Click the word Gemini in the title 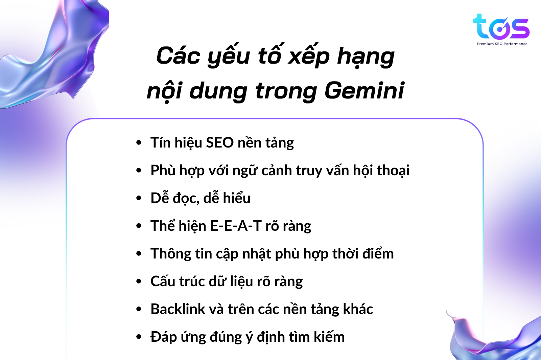(364, 91)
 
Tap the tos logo (501, 27)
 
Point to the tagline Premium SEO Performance (502, 44)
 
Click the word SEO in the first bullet (220, 142)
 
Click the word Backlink (178, 309)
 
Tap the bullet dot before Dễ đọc (139, 198)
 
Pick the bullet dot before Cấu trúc (139, 282)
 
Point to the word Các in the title (178, 56)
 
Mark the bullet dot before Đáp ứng (139, 337)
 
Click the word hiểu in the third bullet (236, 198)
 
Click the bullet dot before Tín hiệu (139, 142)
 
